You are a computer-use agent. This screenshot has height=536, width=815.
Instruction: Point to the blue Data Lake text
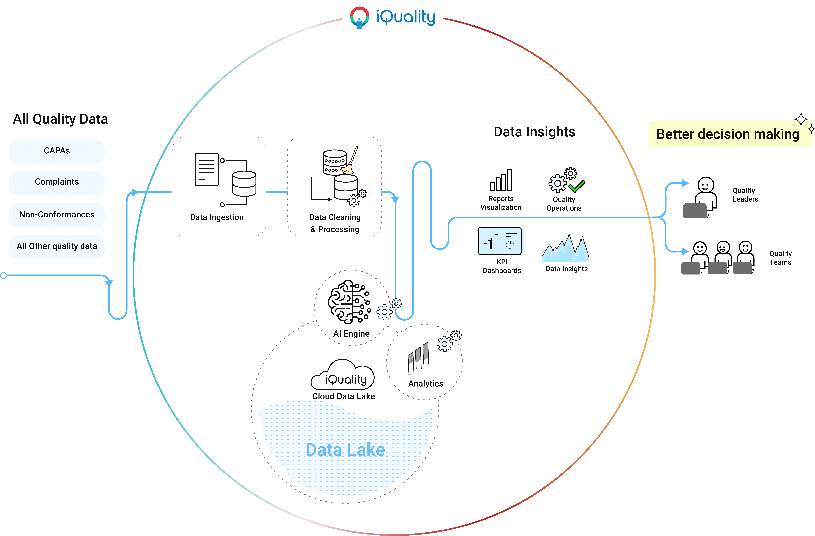click(x=345, y=450)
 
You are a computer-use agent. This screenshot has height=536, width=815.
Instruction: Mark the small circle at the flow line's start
click(x=3, y=275)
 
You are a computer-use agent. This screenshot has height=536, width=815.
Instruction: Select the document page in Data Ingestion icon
click(x=206, y=169)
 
